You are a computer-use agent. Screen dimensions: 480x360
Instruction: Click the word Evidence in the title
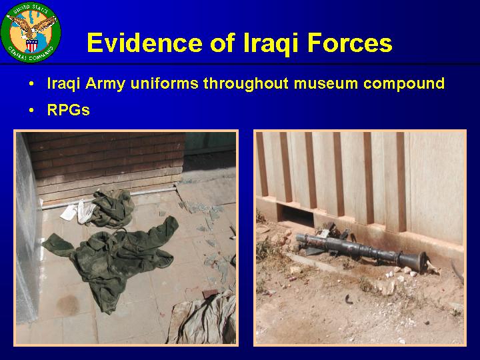[x=145, y=43]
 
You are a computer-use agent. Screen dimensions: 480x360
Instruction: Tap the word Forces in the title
[x=349, y=43]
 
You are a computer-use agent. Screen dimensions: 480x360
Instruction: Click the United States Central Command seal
[x=31, y=32]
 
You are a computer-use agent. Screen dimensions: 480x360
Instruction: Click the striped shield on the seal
[x=31, y=45]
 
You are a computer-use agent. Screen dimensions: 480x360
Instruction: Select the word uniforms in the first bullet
[x=163, y=83]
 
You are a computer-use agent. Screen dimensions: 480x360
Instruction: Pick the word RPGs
[x=68, y=109]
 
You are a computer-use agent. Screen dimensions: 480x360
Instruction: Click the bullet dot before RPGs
[x=31, y=110]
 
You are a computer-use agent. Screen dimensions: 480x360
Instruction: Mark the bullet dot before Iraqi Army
[x=31, y=84]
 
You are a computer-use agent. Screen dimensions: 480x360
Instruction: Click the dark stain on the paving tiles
[x=67, y=305]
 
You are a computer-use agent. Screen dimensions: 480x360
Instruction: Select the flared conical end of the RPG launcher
[x=414, y=261]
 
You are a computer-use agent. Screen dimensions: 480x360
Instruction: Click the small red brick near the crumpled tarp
[x=210, y=293]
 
